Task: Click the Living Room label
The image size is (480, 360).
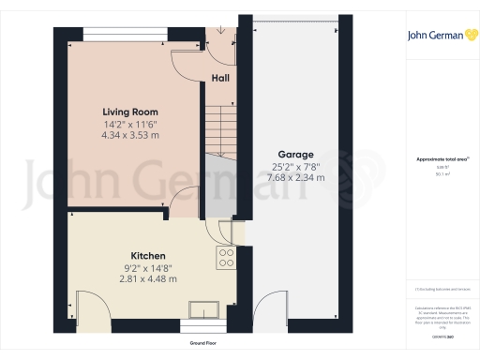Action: (x=129, y=112)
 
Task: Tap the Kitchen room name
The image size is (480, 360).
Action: (x=148, y=255)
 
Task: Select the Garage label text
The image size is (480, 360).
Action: (x=295, y=155)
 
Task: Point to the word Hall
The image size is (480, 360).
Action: (x=221, y=78)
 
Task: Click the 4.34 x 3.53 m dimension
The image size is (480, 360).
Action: (x=131, y=136)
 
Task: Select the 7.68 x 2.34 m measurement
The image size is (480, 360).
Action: (x=295, y=177)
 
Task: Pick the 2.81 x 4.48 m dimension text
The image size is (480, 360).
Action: (x=148, y=277)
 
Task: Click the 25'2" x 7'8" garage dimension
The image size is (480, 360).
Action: (x=295, y=166)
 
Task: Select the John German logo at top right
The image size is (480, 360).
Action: (x=441, y=37)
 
